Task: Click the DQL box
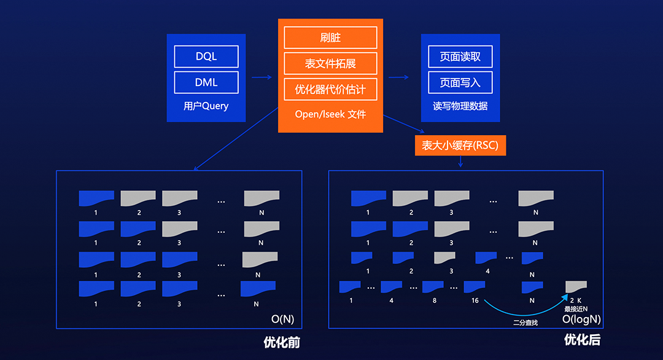coord(206,57)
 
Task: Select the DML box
coord(206,82)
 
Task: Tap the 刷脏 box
coord(330,37)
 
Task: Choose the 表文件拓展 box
coord(330,63)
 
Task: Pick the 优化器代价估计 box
coord(330,89)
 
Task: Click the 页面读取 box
coord(460,57)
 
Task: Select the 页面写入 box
coord(460,82)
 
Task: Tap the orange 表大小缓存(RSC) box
coord(460,145)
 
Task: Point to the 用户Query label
coord(206,106)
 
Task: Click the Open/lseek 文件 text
coord(330,114)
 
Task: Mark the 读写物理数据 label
coord(460,106)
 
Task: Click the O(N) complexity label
coord(282,319)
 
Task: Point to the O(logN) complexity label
coord(581,319)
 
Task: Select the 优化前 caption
coord(282,342)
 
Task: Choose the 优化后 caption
coord(582,340)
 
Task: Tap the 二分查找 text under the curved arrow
coord(525,323)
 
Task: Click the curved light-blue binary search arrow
coord(524,315)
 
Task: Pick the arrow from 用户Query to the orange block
coord(262,77)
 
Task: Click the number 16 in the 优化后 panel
coord(475,300)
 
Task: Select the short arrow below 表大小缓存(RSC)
coord(460,162)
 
